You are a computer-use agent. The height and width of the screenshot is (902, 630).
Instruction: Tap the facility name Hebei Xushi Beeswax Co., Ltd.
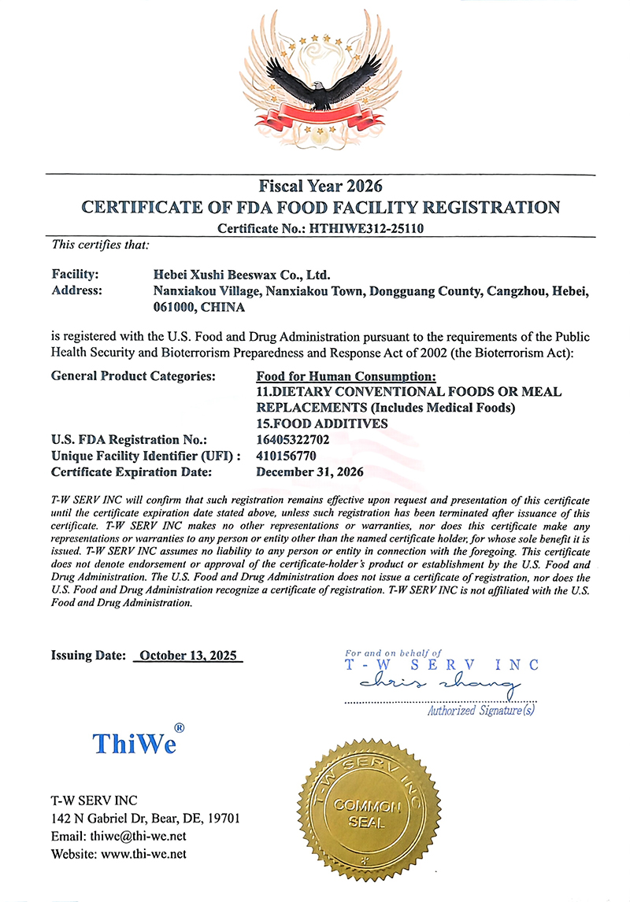pyautogui.click(x=240, y=275)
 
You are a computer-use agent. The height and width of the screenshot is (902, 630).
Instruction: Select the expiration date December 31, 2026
pyautogui.click(x=310, y=472)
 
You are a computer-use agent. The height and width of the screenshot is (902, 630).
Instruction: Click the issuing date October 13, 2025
pyautogui.click(x=188, y=656)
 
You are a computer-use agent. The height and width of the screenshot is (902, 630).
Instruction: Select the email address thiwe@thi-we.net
pyautogui.click(x=135, y=836)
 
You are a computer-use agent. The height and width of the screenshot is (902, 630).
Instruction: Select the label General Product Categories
pyautogui.click(x=133, y=375)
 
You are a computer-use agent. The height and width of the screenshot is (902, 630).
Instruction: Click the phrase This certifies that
pyautogui.click(x=100, y=245)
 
